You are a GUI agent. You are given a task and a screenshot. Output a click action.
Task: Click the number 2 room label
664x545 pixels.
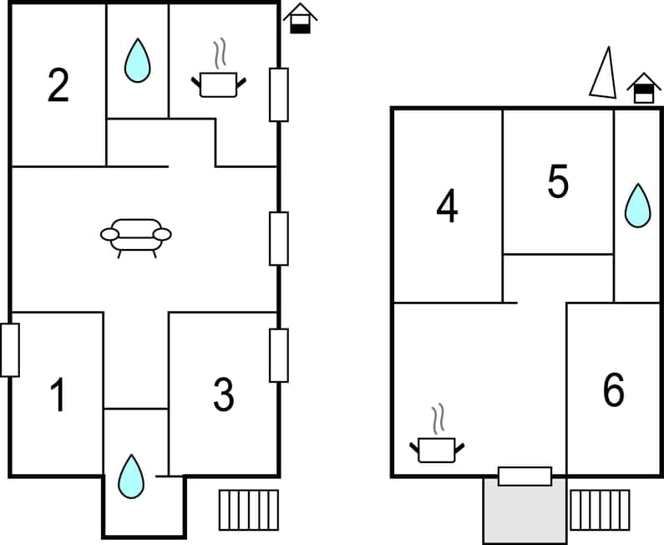(58, 85)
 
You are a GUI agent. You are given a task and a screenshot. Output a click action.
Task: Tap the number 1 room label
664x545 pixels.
(58, 395)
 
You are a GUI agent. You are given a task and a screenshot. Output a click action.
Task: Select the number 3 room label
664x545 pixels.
(223, 395)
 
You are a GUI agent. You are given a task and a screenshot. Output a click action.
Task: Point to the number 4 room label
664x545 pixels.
(448, 206)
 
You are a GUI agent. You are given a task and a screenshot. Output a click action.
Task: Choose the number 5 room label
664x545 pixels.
(558, 181)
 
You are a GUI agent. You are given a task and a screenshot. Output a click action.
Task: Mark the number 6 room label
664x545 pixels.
(613, 390)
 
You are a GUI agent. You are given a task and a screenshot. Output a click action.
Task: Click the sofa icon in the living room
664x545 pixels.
(136, 237)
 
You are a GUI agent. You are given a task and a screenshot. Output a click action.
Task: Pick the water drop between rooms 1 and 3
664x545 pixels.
(130, 476)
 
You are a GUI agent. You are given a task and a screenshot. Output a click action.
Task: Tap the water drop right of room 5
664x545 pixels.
(638, 206)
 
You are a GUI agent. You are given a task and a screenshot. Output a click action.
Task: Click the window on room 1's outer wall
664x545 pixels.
(10, 349)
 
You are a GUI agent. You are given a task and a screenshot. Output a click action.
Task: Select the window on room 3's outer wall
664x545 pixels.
(278, 355)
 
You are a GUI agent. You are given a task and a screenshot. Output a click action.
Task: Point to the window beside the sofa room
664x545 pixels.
(278, 238)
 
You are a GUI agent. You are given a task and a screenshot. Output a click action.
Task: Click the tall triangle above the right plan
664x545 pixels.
(604, 74)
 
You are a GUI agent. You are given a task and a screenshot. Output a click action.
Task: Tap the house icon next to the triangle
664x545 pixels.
(643, 88)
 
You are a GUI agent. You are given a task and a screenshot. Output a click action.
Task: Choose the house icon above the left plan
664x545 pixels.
(301, 18)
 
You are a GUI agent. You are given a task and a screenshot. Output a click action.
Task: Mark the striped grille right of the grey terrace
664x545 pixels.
(600, 510)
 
